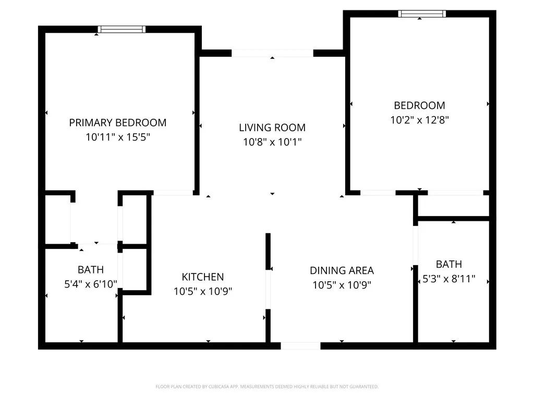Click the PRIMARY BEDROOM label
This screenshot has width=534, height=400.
pyautogui.click(x=117, y=123)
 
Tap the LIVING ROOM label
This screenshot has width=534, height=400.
pyautogui.click(x=272, y=128)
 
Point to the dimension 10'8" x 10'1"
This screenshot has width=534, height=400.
pyautogui.click(x=272, y=142)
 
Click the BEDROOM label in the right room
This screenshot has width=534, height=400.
pyautogui.click(x=419, y=105)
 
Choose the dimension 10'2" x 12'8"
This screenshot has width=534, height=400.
pyautogui.click(x=419, y=119)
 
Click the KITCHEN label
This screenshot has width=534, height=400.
pyautogui.click(x=203, y=277)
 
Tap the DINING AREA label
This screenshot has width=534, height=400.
pyautogui.click(x=342, y=270)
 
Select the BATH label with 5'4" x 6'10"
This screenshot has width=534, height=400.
pyautogui.click(x=91, y=270)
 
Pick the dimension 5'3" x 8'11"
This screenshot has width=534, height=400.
pyautogui.click(x=448, y=279)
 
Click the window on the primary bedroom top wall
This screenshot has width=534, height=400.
pyautogui.click(x=122, y=29)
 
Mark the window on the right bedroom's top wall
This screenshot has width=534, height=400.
pyautogui.click(x=422, y=14)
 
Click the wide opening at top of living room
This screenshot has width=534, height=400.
pyautogui.click(x=272, y=53)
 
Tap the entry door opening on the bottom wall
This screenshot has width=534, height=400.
pyautogui.click(x=300, y=346)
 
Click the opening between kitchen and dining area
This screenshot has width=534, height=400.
pyautogui.click(x=268, y=290)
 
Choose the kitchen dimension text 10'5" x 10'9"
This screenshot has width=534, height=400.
pyautogui.click(x=203, y=292)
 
